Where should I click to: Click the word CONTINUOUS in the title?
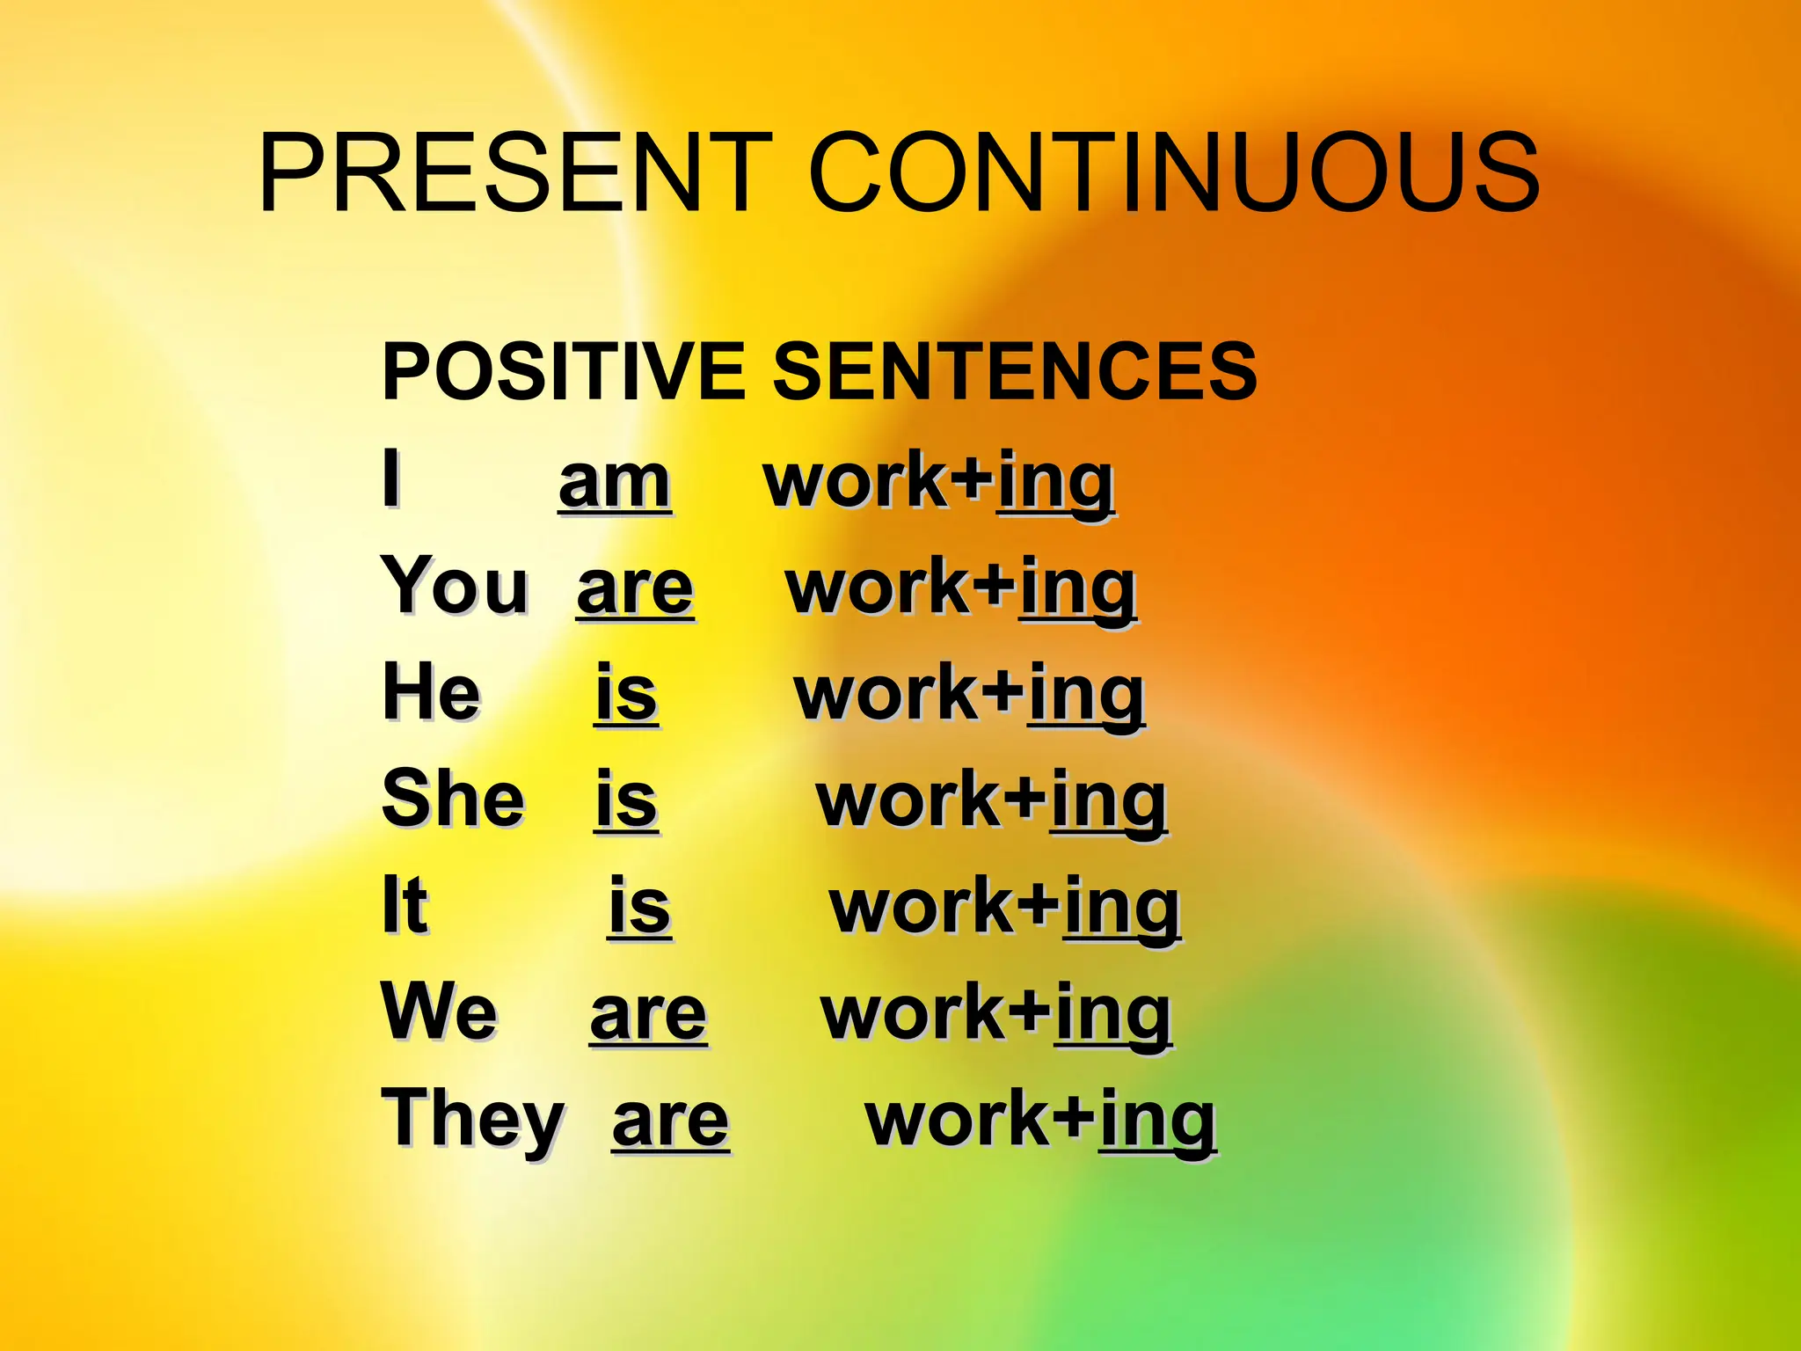pos(1174,172)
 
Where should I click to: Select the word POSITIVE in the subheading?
pos(563,371)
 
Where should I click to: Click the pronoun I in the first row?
pos(391,479)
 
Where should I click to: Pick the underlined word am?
pos(615,484)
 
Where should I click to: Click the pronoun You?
pos(455,587)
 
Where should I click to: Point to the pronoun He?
pos(432,693)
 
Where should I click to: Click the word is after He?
pos(626,695)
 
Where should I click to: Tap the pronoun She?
pos(453,799)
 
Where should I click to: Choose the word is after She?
pos(626,800)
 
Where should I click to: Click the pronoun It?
pos(405,906)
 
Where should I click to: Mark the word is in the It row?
pos(639,908)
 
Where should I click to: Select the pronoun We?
pos(439,1012)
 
